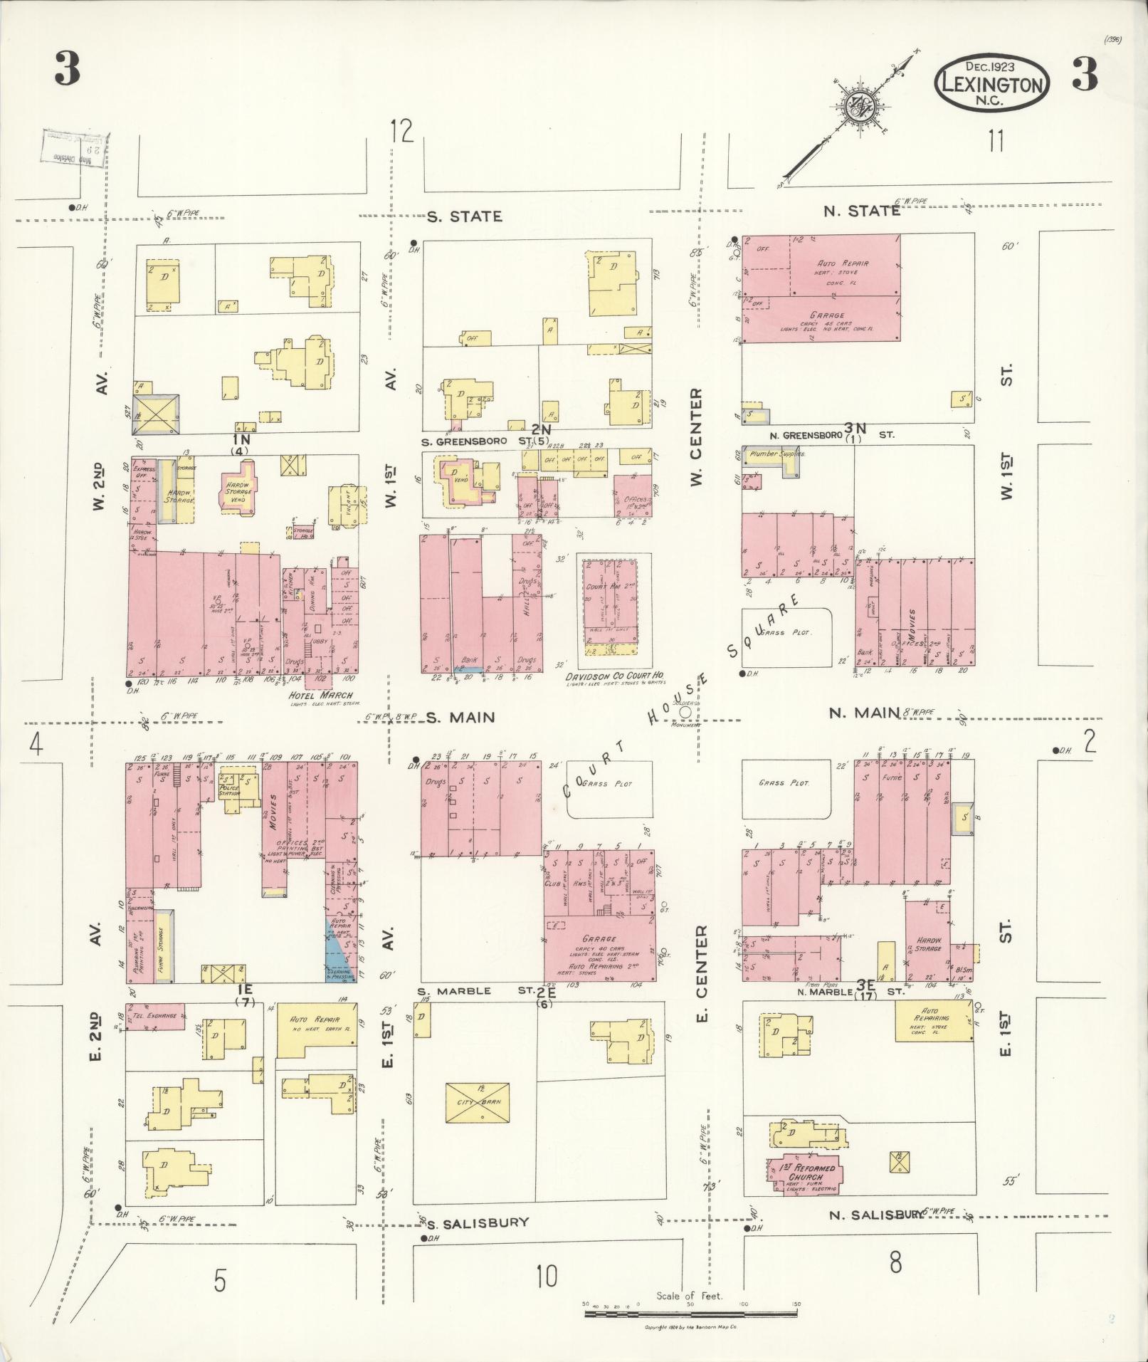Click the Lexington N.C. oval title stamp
pyautogui.click(x=992, y=84)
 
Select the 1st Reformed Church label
pyautogui.click(x=805, y=1173)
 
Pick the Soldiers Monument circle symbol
pyautogui.click(x=685, y=711)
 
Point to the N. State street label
pyautogui.click(x=861, y=211)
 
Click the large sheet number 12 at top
pyautogui.click(x=402, y=132)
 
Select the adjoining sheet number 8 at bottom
pyautogui.click(x=895, y=1262)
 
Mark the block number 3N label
pyautogui.click(x=855, y=428)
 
